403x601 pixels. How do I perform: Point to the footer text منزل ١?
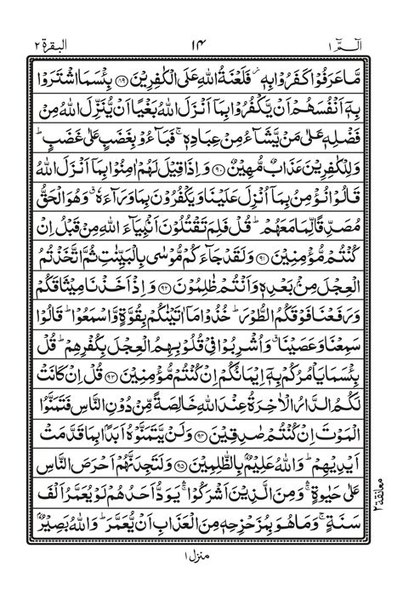coord(202,581)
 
